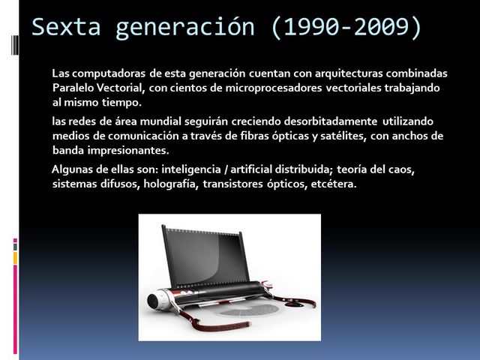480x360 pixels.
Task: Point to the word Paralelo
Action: pyautogui.click(x=76, y=88)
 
